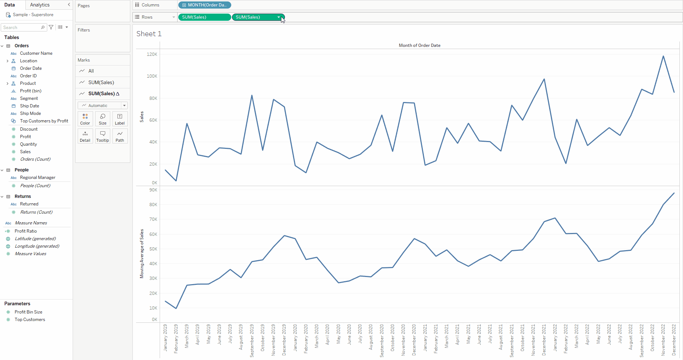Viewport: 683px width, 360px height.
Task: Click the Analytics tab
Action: click(x=40, y=5)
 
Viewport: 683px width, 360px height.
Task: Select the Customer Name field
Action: click(x=36, y=53)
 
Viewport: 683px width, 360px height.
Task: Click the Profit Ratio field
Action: click(x=26, y=231)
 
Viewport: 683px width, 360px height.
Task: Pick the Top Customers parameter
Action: click(x=30, y=320)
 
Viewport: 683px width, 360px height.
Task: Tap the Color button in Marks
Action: click(x=85, y=119)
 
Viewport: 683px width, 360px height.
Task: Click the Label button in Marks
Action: click(x=120, y=119)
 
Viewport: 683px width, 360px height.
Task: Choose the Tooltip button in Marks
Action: click(x=102, y=136)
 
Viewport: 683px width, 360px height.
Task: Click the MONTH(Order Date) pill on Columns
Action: click(x=205, y=5)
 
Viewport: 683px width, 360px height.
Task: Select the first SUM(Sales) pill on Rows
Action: click(x=204, y=17)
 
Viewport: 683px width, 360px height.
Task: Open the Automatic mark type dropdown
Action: click(x=103, y=106)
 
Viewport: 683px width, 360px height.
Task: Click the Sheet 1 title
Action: click(x=149, y=34)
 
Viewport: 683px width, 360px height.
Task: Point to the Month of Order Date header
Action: click(x=420, y=45)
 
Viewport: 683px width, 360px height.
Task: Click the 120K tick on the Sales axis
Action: click(x=152, y=54)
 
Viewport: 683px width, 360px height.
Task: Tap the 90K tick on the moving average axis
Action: click(x=153, y=190)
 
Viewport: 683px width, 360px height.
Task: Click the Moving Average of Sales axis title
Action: click(x=142, y=253)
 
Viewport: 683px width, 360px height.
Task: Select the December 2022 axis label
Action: click(x=674, y=340)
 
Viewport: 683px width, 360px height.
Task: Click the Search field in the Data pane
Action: click(x=21, y=28)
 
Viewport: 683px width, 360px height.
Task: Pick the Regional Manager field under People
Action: click(x=38, y=177)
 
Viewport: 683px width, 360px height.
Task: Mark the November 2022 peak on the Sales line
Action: click(x=663, y=56)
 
